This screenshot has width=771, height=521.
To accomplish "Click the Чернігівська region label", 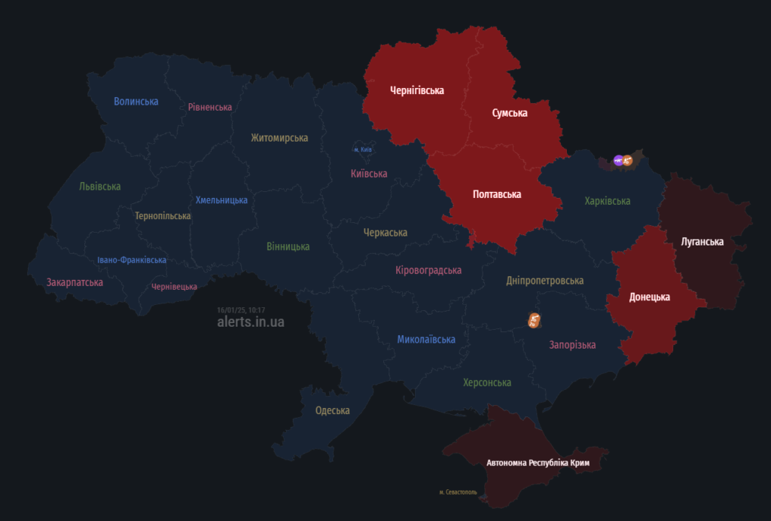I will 416,91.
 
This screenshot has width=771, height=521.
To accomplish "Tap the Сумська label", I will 510,114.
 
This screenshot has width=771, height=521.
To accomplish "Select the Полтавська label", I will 497,195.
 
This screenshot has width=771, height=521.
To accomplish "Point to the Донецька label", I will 649,297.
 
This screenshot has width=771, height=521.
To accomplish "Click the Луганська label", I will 702,242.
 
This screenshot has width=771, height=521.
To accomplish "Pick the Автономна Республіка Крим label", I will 538,463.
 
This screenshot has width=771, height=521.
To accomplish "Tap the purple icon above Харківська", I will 618,160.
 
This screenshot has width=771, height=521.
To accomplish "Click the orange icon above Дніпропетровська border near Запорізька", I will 533,321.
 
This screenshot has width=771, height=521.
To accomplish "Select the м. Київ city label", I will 363,150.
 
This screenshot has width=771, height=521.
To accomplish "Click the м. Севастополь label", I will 458,492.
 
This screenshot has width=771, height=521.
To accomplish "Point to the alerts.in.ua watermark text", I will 251,321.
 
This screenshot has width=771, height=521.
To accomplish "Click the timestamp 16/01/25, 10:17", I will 241,309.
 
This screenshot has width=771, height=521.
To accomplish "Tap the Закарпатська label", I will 75,283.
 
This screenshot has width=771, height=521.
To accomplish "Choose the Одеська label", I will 332,411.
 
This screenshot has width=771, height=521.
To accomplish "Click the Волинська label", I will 136,102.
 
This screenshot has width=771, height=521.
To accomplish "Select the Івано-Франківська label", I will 132,260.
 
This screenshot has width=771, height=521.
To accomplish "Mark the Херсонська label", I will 487,383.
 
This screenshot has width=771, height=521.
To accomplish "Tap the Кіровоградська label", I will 428,270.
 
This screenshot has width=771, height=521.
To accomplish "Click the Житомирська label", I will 279,138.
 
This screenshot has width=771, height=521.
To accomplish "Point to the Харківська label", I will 607,201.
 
